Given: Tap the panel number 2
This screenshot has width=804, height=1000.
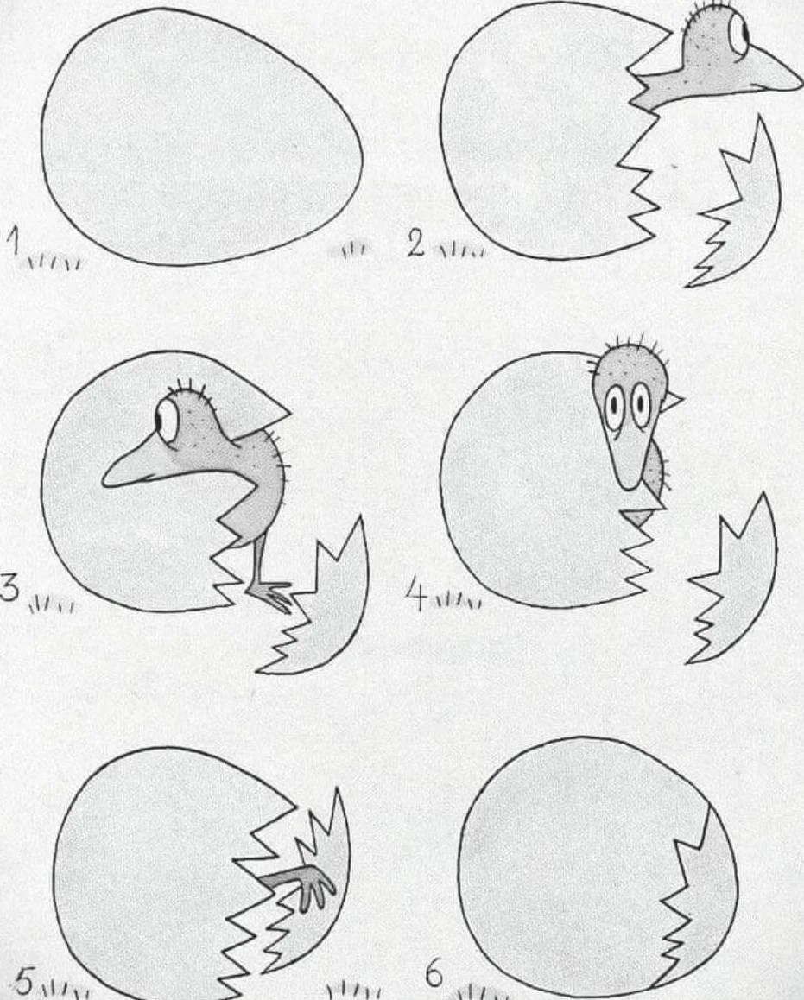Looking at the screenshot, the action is tap(415, 244).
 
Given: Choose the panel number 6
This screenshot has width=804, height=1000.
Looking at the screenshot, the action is tap(434, 974).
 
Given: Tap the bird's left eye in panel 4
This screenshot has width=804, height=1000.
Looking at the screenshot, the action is tap(614, 404).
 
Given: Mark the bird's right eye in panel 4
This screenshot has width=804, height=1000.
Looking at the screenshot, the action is tap(640, 404).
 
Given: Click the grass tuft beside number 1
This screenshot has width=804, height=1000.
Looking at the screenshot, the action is tap(54, 263).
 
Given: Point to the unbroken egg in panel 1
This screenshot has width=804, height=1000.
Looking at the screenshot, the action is tap(202, 136).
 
